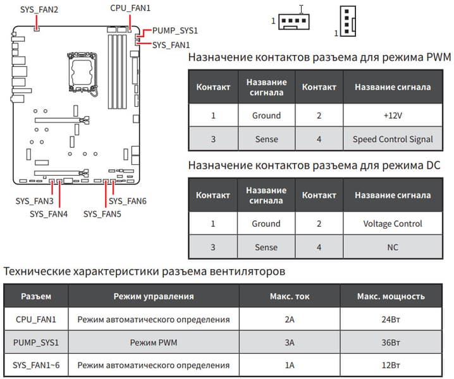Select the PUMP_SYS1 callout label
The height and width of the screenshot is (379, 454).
pyautogui.click(x=175, y=30)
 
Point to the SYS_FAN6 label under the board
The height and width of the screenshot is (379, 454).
pyautogui.click(x=128, y=201)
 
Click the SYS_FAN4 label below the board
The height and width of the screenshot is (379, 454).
pyautogui.click(x=49, y=214)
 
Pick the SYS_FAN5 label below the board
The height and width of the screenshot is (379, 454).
pyautogui.click(x=102, y=214)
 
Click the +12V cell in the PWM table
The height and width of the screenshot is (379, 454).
pyautogui.click(x=392, y=116)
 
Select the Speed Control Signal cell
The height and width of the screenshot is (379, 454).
pyautogui.click(x=392, y=139)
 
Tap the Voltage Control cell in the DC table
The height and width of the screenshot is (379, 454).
pyautogui.click(x=392, y=224)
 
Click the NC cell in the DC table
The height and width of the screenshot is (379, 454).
pyautogui.click(x=392, y=247)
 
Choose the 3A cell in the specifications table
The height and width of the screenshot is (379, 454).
pyautogui.click(x=290, y=342)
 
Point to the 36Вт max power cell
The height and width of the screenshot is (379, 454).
pyautogui.click(x=391, y=342)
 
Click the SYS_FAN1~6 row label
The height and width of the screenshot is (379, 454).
pyautogui.click(x=36, y=366)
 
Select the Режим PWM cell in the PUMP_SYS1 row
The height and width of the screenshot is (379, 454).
pyautogui.click(x=153, y=342)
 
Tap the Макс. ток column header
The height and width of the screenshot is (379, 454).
pyautogui.click(x=290, y=296)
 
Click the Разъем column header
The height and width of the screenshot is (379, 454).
pyautogui.click(x=36, y=296)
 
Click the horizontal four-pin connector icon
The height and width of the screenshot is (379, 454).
pyautogui.click(x=292, y=20)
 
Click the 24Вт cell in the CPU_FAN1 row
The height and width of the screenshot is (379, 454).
pyautogui.click(x=391, y=320)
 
